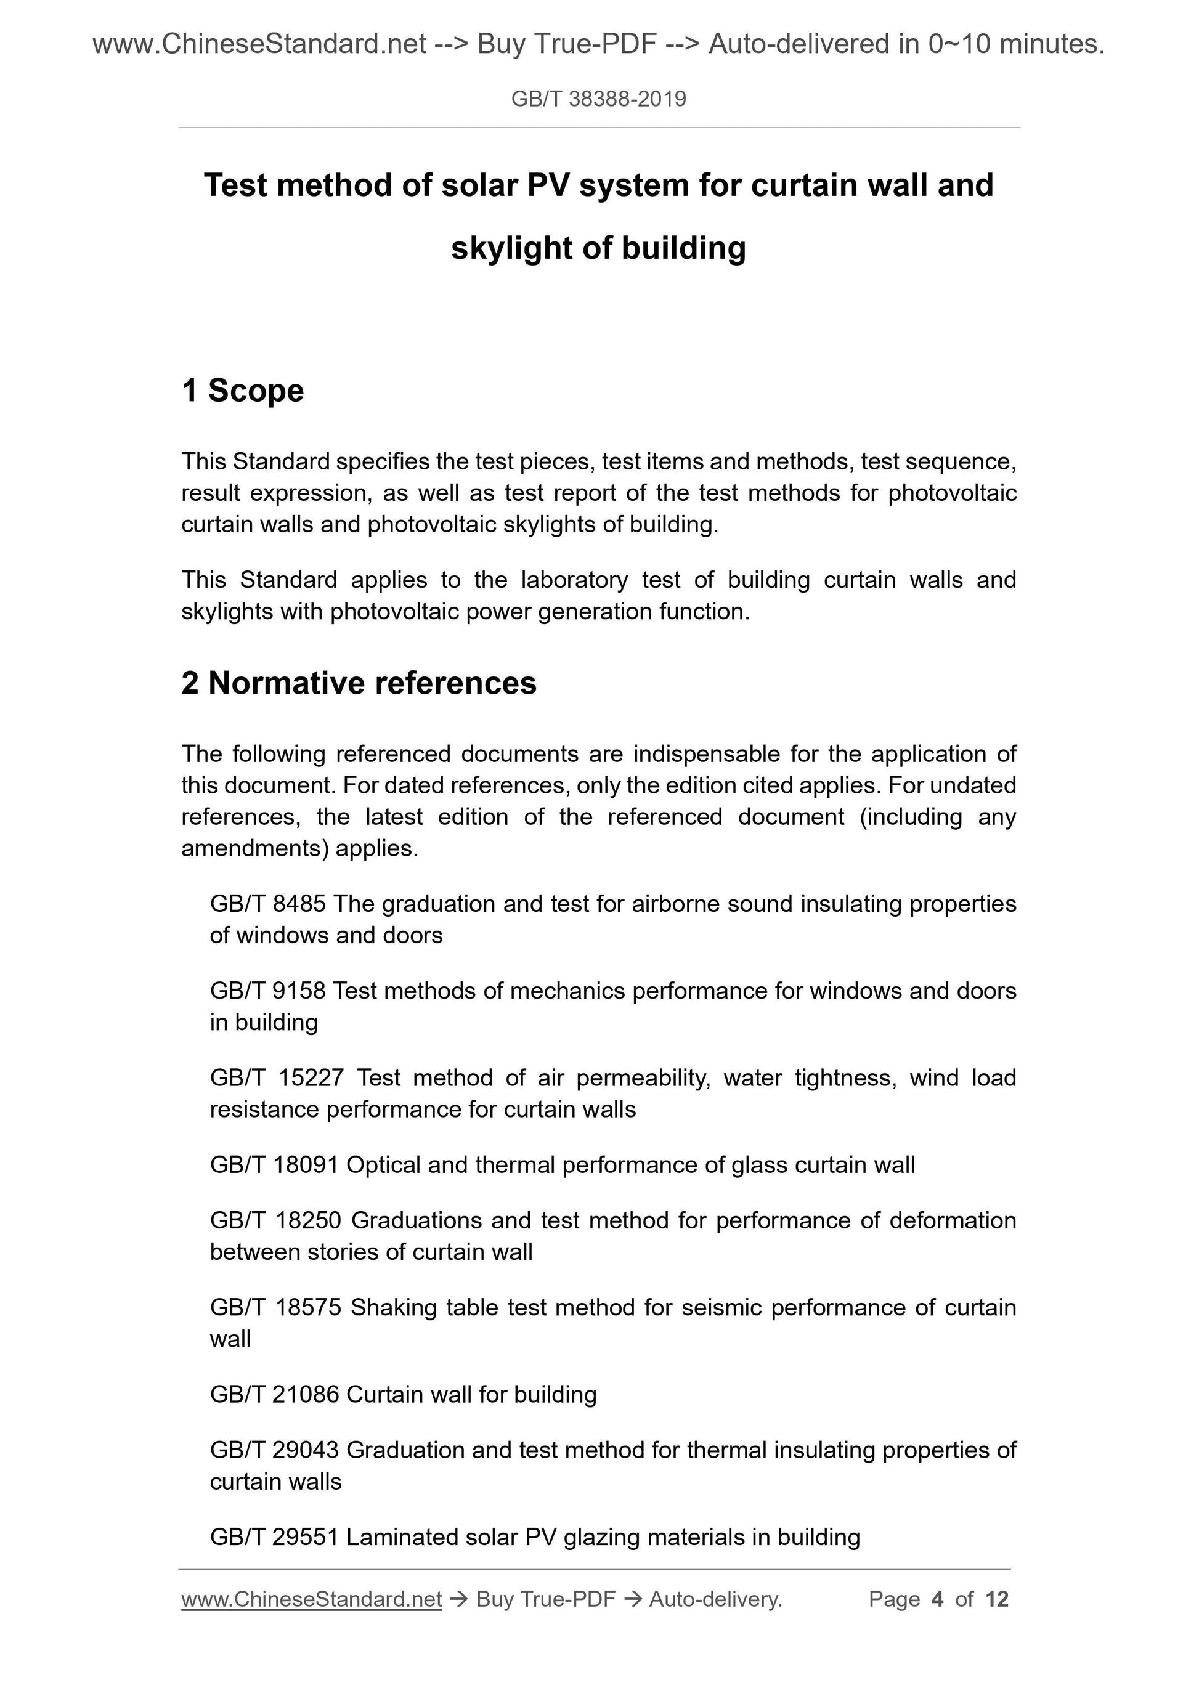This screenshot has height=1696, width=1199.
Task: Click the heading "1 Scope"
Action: pyautogui.click(x=242, y=391)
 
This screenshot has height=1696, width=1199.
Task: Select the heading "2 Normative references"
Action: pyautogui.click(x=359, y=683)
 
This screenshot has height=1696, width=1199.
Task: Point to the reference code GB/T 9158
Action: pyautogui.click(x=267, y=991)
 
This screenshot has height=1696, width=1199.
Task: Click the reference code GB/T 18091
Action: pyautogui.click(x=274, y=1165)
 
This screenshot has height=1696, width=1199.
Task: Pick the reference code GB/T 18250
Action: pyautogui.click(x=275, y=1220)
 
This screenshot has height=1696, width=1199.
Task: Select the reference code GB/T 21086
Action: pyautogui.click(x=274, y=1395)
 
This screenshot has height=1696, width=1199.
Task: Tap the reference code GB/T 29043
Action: pyautogui.click(x=274, y=1450)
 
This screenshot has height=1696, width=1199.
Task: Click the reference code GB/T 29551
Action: pyautogui.click(x=274, y=1537)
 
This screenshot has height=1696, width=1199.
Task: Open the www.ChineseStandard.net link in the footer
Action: pyautogui.click(x=311, y=1599)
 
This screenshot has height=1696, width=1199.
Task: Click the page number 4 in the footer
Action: pyautogui.click(x=938, y=1599)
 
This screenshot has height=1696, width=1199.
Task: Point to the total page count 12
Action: pyautogui.click(x=996, y=1599)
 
